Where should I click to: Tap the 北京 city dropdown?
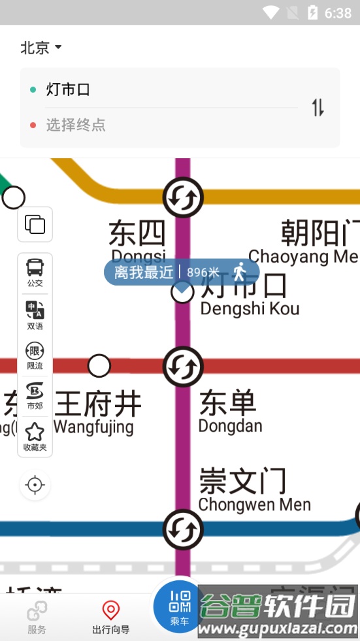(x=41, y=48)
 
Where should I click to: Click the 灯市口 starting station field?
(x=68, y=90)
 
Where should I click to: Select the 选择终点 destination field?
(x=76, y=125)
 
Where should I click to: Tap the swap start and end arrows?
(x=318, y=107)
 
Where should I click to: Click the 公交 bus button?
(x=35, y=272)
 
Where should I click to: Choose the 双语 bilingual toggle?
(x=35, y=315)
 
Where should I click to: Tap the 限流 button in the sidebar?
(x=35, y=356)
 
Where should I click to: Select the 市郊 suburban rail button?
(x=35, y=396)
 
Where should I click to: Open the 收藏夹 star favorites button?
(x=35, y=436)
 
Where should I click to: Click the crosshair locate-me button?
(x=35, y=485)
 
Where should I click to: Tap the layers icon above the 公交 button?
(x=35, y=225)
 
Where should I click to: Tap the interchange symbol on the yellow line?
(x=183, y=197)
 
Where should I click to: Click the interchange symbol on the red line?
(x=183, y=366)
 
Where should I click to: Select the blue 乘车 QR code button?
(x=180, y=606)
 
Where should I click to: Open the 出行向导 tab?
(x=111, y=617)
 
